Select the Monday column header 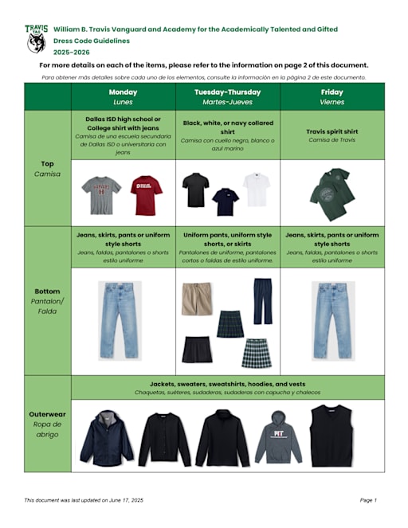[x=123, y=96]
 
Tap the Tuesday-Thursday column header [x=228, y=96]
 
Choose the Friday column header [x=332, y=96]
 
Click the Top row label [x=48, y=168]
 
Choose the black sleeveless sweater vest [x=331, y=435]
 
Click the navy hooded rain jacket [x=107, y=437]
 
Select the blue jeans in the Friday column [x=331, y=320]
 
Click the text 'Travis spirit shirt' [x=332, y=131]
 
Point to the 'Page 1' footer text [x=367, y=499]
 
